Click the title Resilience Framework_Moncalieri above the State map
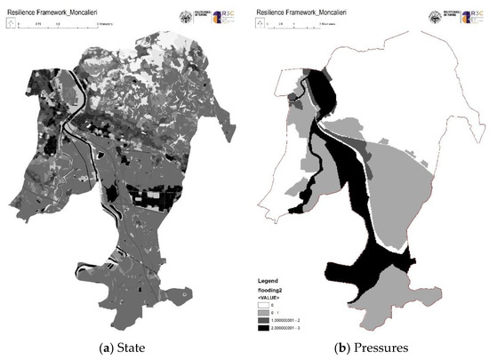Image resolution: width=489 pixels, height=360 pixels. click(52, 12)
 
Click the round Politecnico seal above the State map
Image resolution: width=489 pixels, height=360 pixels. click(188, 18)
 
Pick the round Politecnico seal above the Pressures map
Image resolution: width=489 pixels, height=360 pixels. click(434, 18)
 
